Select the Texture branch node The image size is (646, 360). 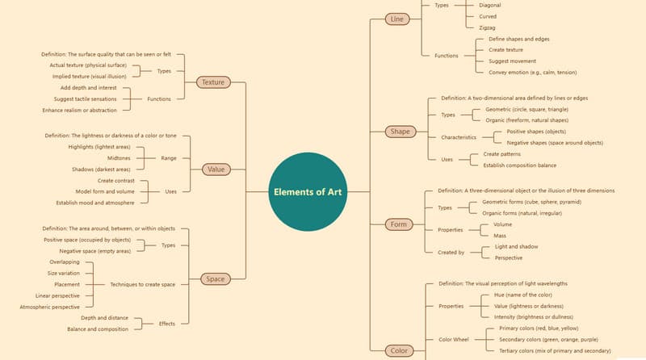213,82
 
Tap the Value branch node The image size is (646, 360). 216,170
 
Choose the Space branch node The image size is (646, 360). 216,279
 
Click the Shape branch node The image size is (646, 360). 400,131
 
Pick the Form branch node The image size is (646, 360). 398,224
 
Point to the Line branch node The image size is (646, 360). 396,19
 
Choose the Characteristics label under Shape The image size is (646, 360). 459,137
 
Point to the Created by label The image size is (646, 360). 451,252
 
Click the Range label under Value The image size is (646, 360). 169,158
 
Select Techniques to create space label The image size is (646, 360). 143,285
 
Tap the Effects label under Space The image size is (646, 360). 167,324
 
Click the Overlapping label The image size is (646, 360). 65,262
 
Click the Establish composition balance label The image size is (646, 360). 520,165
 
